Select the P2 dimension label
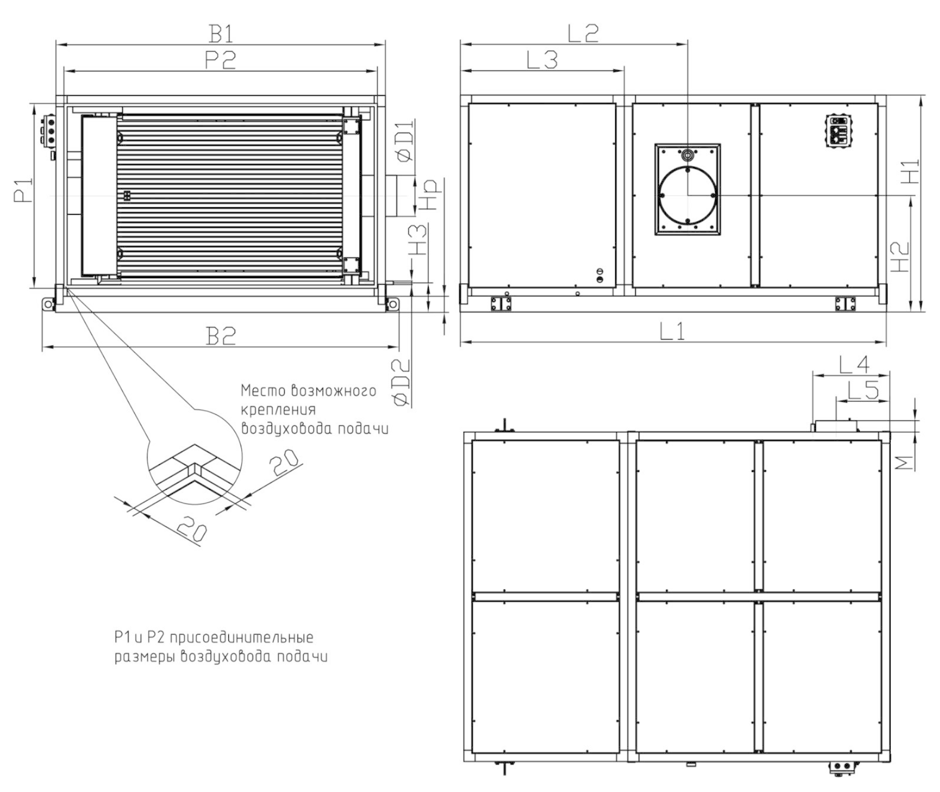(x=221, y=59)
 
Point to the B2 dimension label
(x=221, y=336)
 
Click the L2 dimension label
(x=583, y=33)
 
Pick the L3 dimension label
(x=542, y=60)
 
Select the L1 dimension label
(x=672, y=331)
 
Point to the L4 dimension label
(x=854, y=365)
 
